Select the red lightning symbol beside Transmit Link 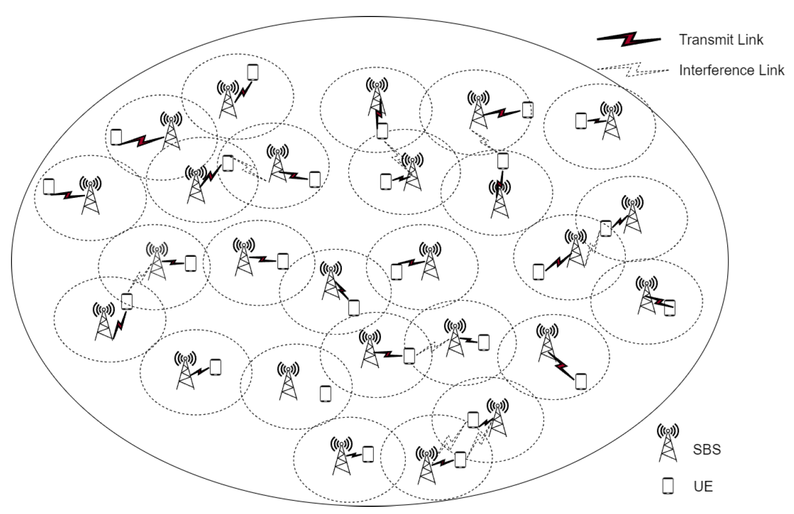coord(629,40)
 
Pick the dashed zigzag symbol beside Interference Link coord(632,70)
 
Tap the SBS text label coord(707,450)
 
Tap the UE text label coord(703,486)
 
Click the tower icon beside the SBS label coord(668,443)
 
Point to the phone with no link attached coord(326,394)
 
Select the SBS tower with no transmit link coord(288,382)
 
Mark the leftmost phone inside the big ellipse coord(49,187)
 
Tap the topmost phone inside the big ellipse coord(253,72)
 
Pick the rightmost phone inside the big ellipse coord(669,307)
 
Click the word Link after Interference coord(771,70)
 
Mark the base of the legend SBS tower coord(668,458)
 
